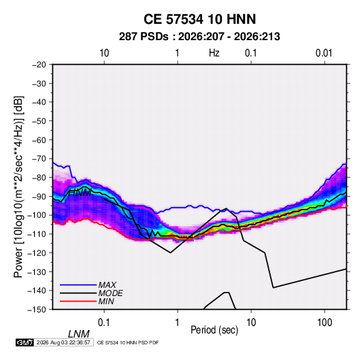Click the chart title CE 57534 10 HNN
pos(199,19)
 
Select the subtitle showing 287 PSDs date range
pos(199,37)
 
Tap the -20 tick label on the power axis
pos(39,65)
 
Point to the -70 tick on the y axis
pos(39,159)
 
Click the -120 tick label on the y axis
pos(37,252)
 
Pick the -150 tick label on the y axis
pos(37,310)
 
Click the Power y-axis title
pos(18,186)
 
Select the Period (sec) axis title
pos(214,330)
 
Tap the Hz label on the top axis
pos(214,53)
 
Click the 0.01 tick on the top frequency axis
pos(324,53)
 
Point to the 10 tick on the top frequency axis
pos(104,53)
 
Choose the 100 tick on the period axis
pos(325,323)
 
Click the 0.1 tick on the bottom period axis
pos(103,323)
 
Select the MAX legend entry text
pos(107,285)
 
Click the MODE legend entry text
pos(110,293)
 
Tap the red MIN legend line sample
pos(78,301)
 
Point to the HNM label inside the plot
pos(80,193)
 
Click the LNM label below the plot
pos(78,334)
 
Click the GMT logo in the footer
pos(24,342)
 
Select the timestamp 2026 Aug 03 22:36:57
pos(63,342)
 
